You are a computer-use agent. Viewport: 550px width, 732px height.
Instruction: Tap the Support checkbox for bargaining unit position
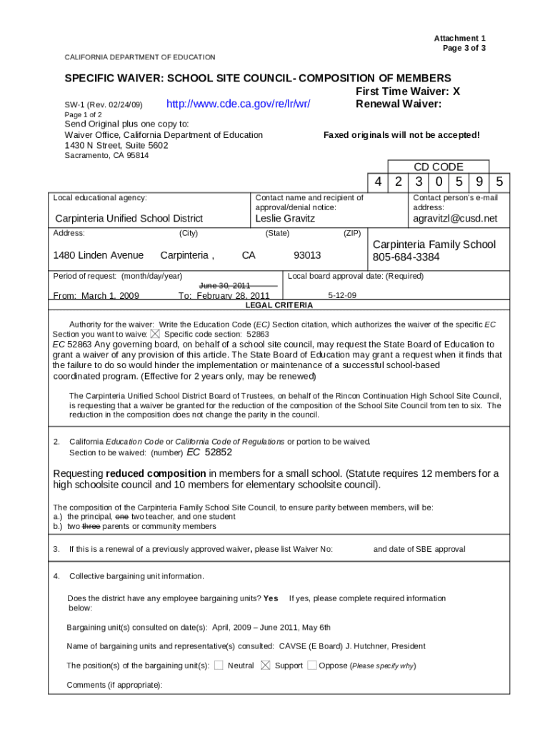265,666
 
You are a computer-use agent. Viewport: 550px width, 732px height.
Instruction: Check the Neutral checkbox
219,666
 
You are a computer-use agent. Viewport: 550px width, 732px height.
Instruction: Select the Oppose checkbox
311,666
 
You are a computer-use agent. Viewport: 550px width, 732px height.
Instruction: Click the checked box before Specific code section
156,334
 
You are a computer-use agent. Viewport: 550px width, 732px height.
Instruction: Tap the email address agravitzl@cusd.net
455,218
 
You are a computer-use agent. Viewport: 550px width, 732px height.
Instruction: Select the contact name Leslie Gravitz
284,218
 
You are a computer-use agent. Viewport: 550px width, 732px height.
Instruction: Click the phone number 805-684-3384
406,257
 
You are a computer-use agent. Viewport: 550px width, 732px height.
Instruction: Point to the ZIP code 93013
307,255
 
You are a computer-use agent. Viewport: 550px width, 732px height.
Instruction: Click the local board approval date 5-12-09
342,295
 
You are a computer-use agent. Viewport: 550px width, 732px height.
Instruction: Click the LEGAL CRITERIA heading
279,305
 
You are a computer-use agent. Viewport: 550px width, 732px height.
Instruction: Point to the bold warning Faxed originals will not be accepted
401,135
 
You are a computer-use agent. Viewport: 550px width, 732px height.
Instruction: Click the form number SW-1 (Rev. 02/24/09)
104,106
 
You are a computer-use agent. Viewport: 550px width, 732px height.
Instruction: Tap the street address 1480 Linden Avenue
98,255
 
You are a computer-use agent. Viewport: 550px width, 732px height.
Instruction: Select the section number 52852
218,452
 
